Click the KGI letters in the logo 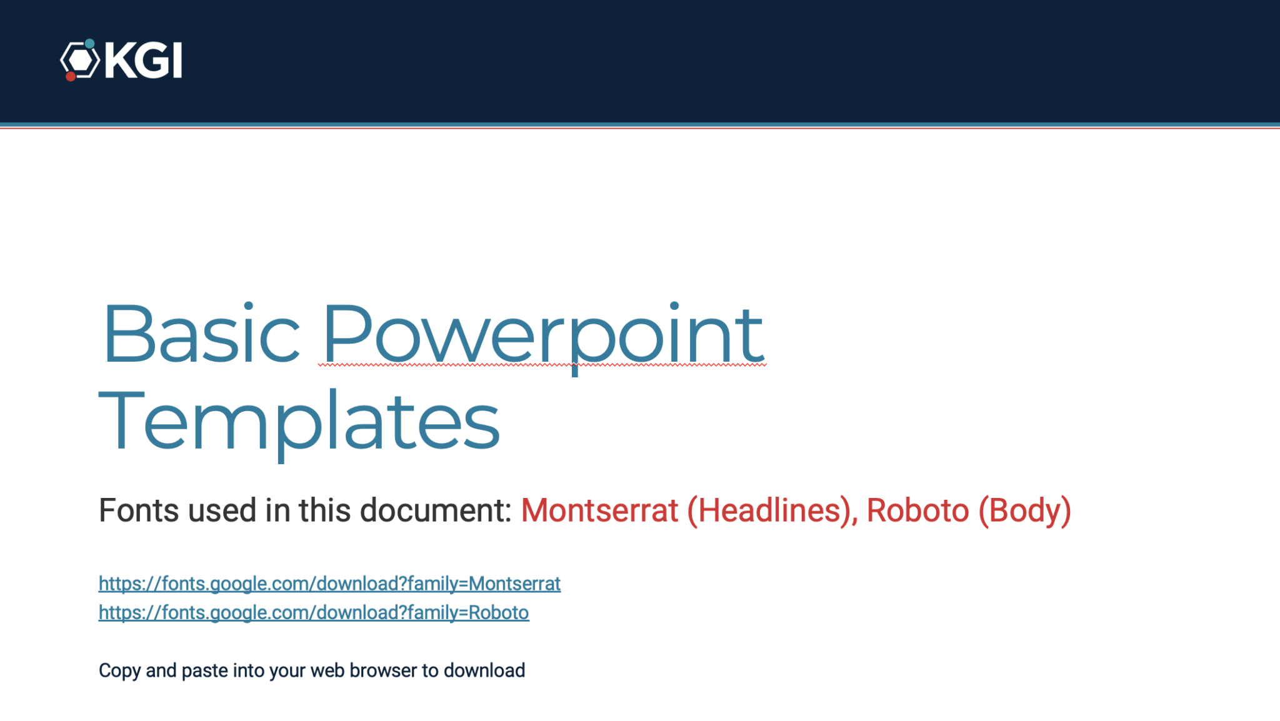pyautogui.click(x=143, y=61)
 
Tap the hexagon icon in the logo pyautogui.click(x=80, y=61)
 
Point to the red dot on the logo pyautogui.click(x=71, y=76)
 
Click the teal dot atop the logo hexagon pyautogui.click(x=90, y=44)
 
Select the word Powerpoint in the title pyautogui.click(x=542, y=337)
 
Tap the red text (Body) pyautogui.click(x=1024, y=512)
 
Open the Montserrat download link pyautogui.click(x=329, y=584)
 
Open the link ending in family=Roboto pyautogui.click(x=314, y=612)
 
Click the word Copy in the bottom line pyautogui.click(x=119, y=670)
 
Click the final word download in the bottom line pyautogui.click(x=484, y=670)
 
